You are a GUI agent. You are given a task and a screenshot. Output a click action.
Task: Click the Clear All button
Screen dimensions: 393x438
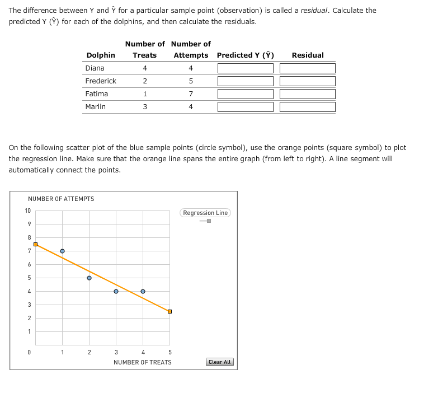[219, 362]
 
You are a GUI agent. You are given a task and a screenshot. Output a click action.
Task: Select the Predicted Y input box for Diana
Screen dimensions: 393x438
[245, 68]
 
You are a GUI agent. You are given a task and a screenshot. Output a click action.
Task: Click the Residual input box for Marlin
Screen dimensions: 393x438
[308, 107]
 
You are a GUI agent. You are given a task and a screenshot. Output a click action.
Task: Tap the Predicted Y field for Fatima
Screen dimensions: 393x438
[245, 94]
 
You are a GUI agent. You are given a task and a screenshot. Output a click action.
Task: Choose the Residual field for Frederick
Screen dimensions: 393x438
[308, 81]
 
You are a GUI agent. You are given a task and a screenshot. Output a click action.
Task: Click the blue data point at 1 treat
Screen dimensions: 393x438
[62, 251]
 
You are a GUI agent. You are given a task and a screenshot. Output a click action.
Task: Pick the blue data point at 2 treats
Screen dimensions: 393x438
[89, 278]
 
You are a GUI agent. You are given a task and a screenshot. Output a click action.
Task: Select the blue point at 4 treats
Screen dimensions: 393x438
[143, 291]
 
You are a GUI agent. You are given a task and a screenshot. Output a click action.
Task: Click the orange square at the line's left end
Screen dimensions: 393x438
[35, 244]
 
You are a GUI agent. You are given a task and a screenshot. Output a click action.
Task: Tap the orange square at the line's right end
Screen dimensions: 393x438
[169, 311]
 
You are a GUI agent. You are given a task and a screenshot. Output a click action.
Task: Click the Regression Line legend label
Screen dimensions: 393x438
[205, 213]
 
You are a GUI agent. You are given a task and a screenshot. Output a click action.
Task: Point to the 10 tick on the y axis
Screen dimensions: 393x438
[27, 210]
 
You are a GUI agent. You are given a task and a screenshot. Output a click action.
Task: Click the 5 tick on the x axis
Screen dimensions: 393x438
[169, 352]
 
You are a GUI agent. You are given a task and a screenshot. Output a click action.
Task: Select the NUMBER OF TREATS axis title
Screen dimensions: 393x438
[143, 362]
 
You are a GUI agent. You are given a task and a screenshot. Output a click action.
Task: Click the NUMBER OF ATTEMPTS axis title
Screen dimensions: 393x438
[61, 199]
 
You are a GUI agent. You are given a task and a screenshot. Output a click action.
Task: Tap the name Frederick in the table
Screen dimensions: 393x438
[101, 81]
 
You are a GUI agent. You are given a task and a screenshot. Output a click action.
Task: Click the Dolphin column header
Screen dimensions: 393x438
[101, 55]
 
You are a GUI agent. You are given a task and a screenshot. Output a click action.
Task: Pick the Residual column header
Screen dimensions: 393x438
[308, 55]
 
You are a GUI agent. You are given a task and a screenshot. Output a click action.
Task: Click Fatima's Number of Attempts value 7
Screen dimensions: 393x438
[191, 94]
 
